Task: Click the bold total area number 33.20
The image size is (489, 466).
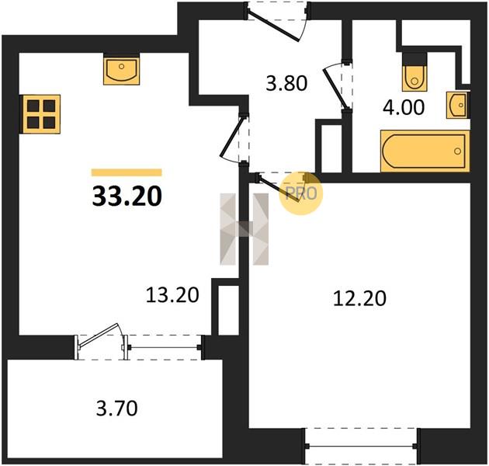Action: coord(127,196)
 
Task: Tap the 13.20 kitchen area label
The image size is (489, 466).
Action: coord(172,295)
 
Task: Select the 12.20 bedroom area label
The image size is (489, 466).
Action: coord(359,298)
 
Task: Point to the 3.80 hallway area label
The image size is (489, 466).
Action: coord(286,84)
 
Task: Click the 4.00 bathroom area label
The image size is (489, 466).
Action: coord(404,107)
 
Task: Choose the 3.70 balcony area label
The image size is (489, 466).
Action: coord(117,409)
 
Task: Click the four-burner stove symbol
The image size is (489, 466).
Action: coord(40,114)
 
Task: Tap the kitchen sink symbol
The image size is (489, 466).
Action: coord(121,69)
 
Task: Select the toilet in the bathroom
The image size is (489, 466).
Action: coord(414,71)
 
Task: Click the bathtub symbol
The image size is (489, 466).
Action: coord(425,151)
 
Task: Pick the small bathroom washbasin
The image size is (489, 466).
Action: coord(458,105)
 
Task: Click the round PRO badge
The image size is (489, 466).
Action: coord(300,193)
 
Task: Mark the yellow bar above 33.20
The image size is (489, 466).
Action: coord(127,172)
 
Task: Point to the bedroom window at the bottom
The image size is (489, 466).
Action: coord(361,447)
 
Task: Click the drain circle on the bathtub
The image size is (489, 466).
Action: coord(457,151)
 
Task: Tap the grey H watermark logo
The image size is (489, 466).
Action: coord(244,229)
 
